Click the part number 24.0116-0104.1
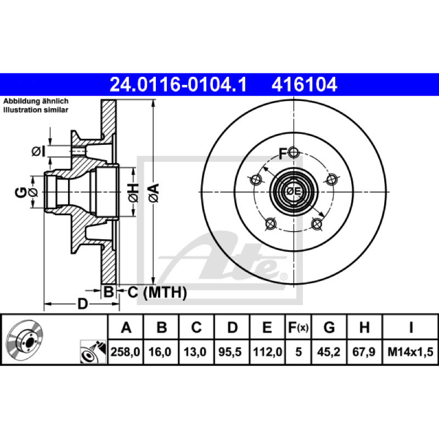pos(178,85)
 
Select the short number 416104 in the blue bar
pos(305,85)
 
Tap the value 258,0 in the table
pos(125,352)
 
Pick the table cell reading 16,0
pos(160,352)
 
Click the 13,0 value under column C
pos(195,352)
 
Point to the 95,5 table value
pos(230,352)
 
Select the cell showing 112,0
pos(267,352)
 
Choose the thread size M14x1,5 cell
pos(410,352)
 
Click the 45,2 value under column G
pos(329,352)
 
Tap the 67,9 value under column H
pos(364,352)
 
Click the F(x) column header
pos(298,327)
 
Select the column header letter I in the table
pos(411,327)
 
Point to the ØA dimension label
pos(154,193)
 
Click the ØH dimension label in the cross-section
pos(134,193)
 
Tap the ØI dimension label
pos(38,151)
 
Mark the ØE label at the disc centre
pos(294,192)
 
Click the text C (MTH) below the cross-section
pos(157,293)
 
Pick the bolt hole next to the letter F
pos(294,153)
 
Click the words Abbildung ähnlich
pos(36,101)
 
